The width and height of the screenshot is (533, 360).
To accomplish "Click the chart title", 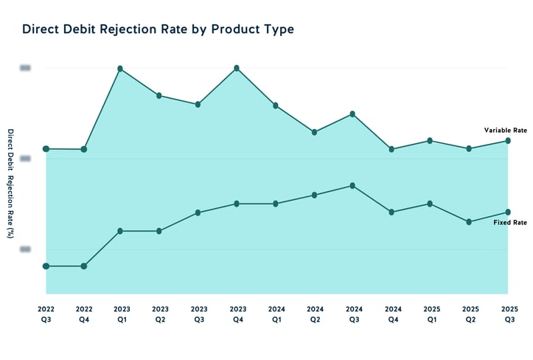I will [158, 30].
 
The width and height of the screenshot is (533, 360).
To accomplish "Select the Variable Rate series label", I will [505, 130].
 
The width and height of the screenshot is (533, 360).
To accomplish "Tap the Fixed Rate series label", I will [510, 222].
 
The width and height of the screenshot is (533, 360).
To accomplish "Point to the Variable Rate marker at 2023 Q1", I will [119, 69].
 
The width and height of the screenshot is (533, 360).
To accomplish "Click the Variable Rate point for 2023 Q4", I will [236, 68].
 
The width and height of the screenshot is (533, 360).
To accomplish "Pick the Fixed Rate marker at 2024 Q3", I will [352, 185].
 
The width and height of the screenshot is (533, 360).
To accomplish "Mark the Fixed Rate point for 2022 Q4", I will [84, 266].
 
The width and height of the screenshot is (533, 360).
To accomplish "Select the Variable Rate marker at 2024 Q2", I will [315, 132].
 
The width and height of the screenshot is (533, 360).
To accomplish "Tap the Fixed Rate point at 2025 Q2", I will [469, 221].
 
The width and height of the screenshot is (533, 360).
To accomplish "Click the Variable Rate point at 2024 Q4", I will [392, 149].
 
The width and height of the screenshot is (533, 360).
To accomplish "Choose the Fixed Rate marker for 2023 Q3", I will [198, 212].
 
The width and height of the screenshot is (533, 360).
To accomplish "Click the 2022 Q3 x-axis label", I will [46, 315].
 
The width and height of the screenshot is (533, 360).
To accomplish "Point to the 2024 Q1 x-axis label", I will [276, 315].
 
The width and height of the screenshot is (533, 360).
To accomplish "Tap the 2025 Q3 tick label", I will [508, 315].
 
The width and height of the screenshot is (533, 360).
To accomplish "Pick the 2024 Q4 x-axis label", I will [392, 315].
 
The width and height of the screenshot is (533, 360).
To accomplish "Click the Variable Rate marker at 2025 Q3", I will [508, 140].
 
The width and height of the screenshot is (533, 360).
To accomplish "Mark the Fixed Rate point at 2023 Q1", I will [120, 231].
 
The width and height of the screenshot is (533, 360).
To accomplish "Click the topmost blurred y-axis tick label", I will [25, 68].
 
